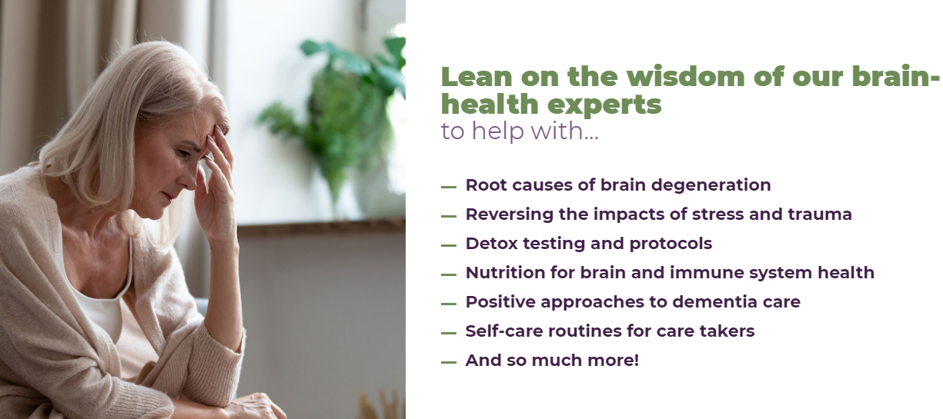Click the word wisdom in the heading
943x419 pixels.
(686, 76)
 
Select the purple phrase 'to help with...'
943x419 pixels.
(520, 131)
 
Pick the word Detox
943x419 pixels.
(491, 244)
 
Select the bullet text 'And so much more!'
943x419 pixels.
(552, 361)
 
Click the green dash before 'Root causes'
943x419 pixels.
(449, 187)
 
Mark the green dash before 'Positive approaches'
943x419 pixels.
(449, 304)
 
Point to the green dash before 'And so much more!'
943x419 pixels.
(449, 362)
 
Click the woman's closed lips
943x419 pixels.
(168, 196)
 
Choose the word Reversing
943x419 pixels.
(509, 214)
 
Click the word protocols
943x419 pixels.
(670, 244)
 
